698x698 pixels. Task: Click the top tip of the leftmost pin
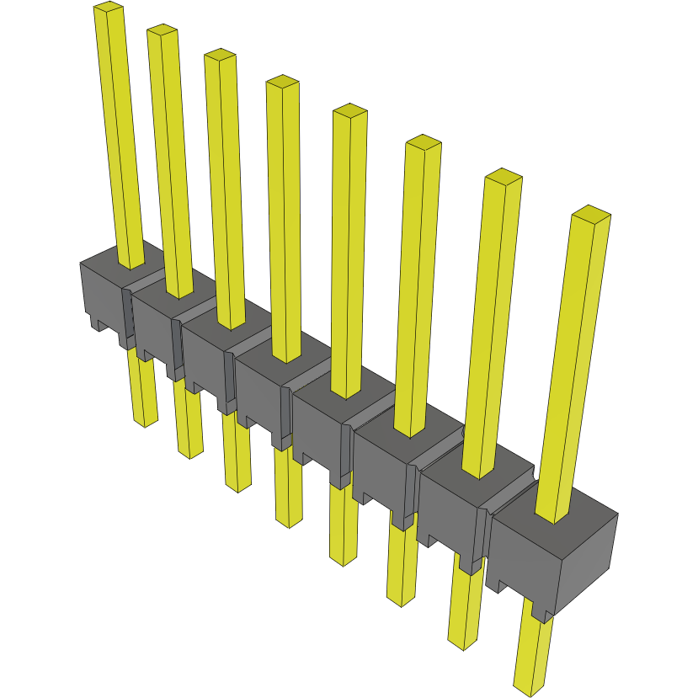click(109, 7)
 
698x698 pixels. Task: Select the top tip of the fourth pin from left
click(282, 82)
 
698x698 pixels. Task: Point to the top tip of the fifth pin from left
click(349, 110)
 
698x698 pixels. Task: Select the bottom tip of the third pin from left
click(238, 487)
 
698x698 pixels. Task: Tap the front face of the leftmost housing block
click(101, 299)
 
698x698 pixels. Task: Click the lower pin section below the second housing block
click(190, 421)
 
